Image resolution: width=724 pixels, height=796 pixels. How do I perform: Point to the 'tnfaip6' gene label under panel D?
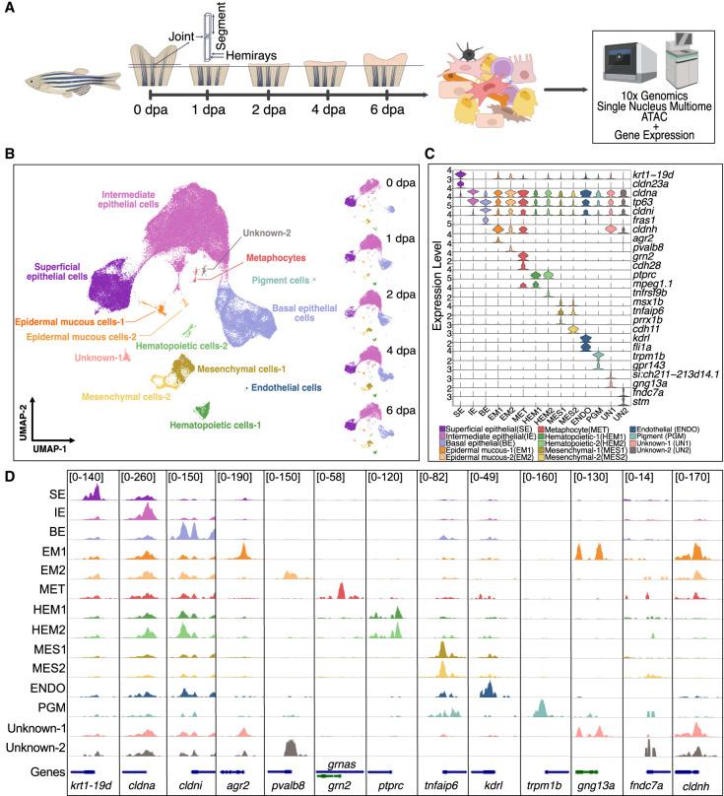point(442,788)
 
